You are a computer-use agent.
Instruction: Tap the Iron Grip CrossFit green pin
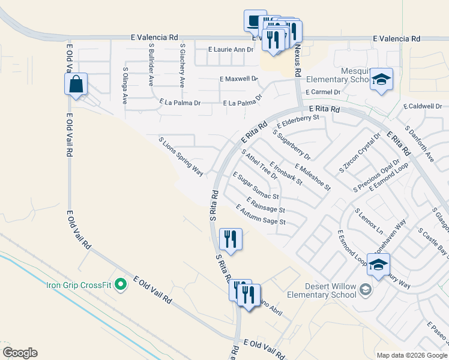tap(121, 284)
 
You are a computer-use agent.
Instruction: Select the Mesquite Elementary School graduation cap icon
tap(381, 80)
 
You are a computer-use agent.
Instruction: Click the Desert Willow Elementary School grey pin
tap(364, 291)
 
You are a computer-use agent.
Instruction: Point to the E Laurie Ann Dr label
tap(231, 49)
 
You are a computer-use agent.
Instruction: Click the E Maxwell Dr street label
tap(238, 79)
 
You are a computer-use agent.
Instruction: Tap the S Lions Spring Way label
tap(181, 156)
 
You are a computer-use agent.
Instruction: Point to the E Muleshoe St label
tap(312, 177)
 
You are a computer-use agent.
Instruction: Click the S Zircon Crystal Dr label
tap(360, 152)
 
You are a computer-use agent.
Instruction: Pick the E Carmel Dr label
tap(322, 92)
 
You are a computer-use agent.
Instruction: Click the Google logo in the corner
tap(20, 352)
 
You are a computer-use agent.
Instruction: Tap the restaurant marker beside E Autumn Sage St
tap(231, 239)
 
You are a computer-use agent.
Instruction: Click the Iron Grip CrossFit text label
tap(79, 284)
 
